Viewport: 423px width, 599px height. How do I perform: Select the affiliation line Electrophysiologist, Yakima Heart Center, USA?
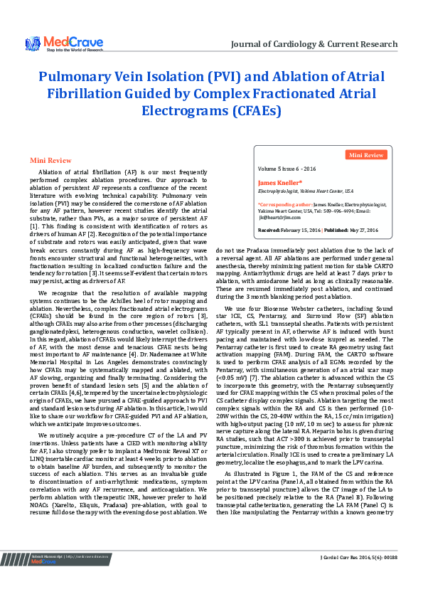306,191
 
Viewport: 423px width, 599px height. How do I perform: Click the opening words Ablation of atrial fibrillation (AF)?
85,173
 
